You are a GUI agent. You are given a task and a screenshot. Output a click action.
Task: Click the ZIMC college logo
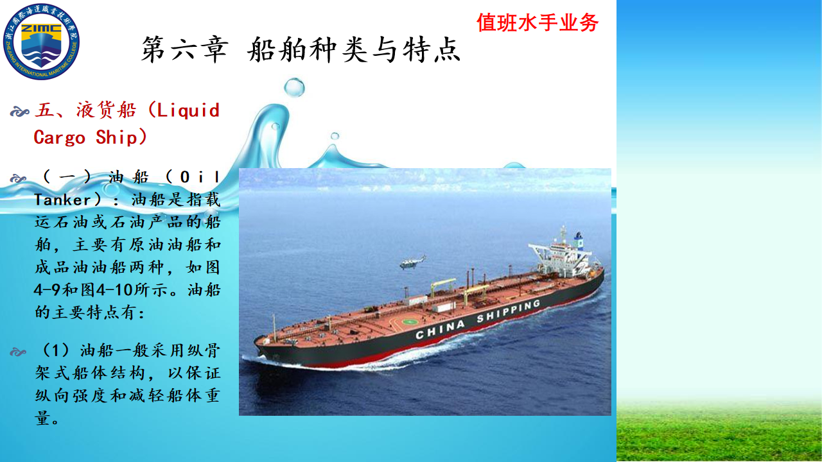(41, 42)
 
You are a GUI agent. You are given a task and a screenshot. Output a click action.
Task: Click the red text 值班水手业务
(538, 22)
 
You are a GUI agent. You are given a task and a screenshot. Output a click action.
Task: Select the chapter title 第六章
(184, 49)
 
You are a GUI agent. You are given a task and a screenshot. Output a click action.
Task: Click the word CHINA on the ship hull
(440, 329)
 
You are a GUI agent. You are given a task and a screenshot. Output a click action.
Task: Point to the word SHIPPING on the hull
(509, 311)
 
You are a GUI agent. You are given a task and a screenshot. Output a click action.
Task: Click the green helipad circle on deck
(410, 322)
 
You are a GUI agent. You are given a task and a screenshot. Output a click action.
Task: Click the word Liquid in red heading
(188, 110)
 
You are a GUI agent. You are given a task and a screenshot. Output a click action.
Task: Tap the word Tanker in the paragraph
(62, 200)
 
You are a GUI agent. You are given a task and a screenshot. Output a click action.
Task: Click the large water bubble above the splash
(294, 88)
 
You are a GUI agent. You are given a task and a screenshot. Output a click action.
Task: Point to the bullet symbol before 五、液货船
(19, 111)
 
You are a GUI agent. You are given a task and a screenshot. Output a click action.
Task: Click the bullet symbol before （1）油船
(18, 352)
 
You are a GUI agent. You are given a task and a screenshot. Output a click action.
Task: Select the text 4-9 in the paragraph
(47, 290)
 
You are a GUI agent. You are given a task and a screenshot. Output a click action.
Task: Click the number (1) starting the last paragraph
(55, 350)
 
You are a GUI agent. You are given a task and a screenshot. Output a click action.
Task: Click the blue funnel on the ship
(579, 242)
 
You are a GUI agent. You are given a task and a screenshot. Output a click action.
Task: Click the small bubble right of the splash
(335, 136)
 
